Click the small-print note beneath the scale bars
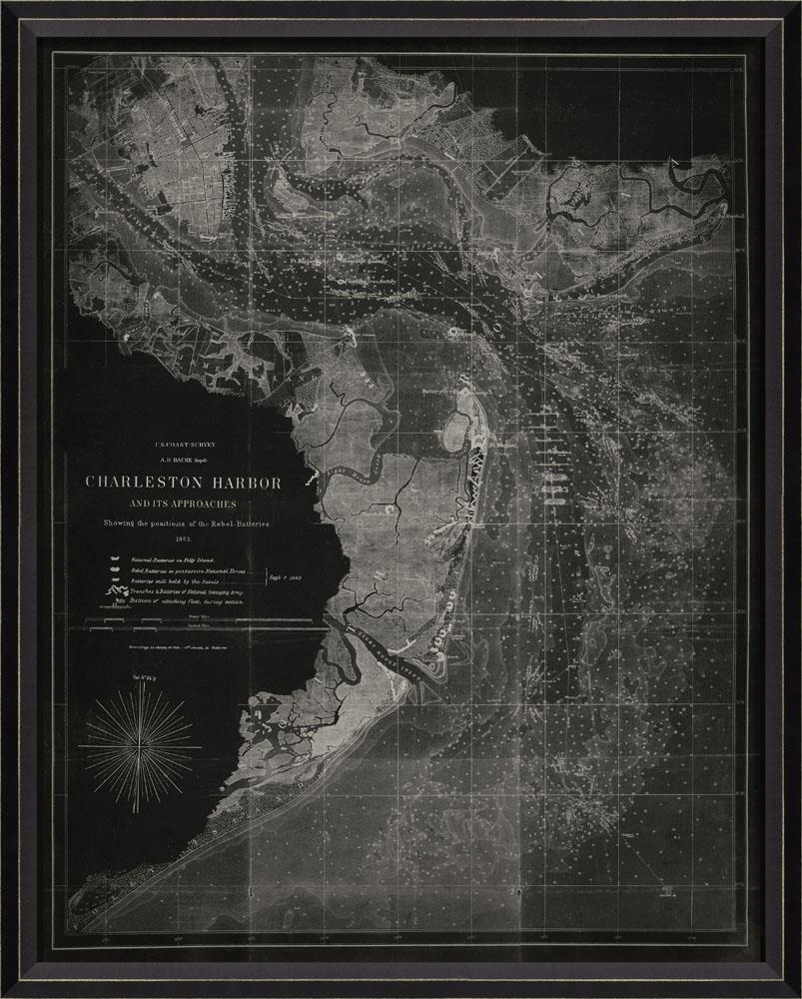coord(182,646)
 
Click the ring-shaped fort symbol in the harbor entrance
coord(452,330)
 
